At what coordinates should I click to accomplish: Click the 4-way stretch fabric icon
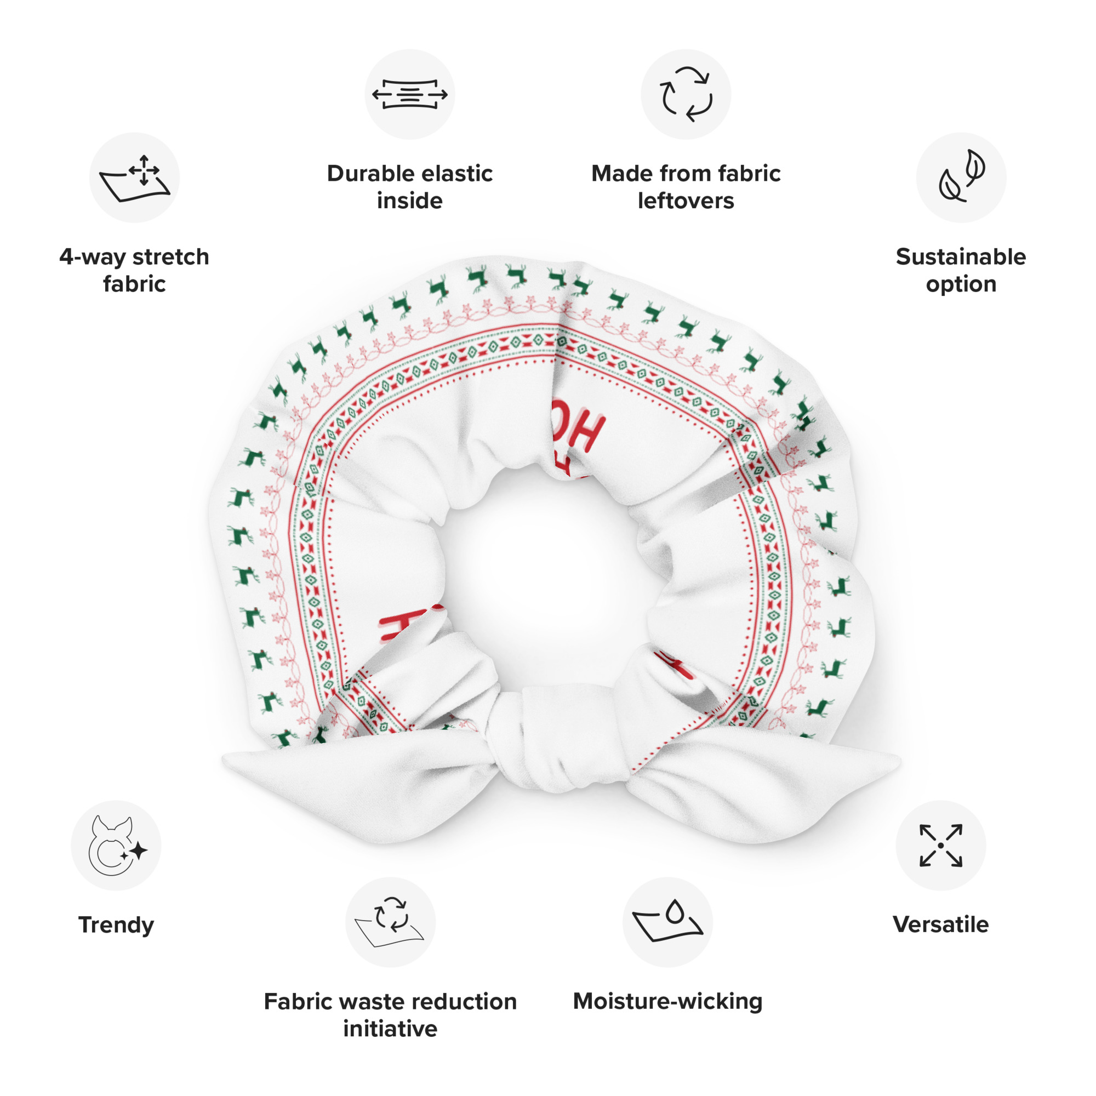tap(134, 178)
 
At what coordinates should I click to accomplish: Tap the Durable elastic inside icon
tap(409, 94)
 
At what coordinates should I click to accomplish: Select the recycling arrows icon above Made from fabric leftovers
tap(686, 94)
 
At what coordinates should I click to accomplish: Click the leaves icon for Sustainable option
tap(961, 178)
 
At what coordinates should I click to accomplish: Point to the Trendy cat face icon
tap(116, 845)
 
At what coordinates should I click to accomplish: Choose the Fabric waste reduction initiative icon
tap(390, 922)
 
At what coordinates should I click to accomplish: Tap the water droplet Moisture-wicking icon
tap(667, 922)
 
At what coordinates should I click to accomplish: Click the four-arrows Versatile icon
tap(940, 845)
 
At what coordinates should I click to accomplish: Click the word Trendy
tap(116, 924)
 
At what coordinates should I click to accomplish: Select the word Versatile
tap(940, 924)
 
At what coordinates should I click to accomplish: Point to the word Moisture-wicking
tap(667, 1001)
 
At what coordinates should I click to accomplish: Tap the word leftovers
tap(686, 201)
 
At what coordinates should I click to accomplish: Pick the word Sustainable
tap(961, 257)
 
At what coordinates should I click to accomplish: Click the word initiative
tap(390, 1029)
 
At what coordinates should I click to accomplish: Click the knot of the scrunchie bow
tap(559, 738)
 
